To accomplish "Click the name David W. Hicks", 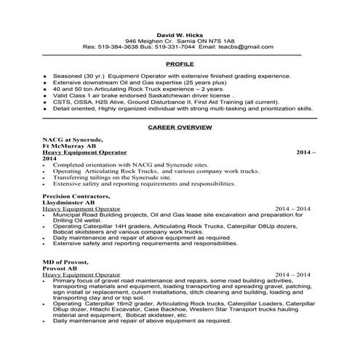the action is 178,33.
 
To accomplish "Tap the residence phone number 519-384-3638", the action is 119,47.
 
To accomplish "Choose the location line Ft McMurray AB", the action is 70,145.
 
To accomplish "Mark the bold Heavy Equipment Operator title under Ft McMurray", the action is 85,152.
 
